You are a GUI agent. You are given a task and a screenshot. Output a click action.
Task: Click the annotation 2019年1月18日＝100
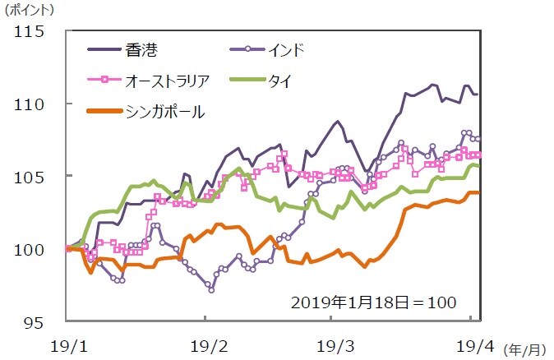(374, 302)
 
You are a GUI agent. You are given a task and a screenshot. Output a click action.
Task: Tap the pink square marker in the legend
(103, 80)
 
